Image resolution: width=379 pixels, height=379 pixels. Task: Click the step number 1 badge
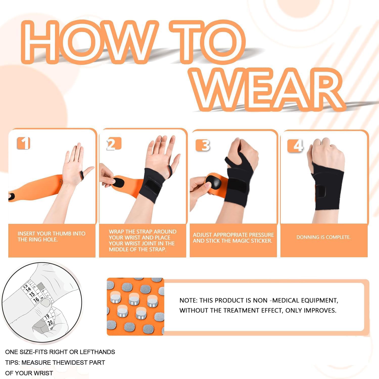(x=23, y=143)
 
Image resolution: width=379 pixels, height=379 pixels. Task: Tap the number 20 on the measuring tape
(x=50, y=323)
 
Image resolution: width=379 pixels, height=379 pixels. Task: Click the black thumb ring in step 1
(x=81, y=174)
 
